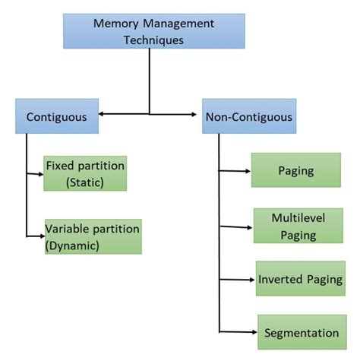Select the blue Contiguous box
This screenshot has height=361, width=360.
(x=57, y=117)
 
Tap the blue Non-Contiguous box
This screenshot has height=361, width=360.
(x=248, y=117)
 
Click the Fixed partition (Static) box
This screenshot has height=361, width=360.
(x=84, y=173)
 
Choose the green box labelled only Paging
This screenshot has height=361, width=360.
(x=296, y=170)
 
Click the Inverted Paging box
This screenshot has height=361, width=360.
(x=300, y=278)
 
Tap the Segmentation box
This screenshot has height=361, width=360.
(x=302, y=332)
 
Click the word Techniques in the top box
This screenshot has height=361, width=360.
(x=154, y=40)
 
